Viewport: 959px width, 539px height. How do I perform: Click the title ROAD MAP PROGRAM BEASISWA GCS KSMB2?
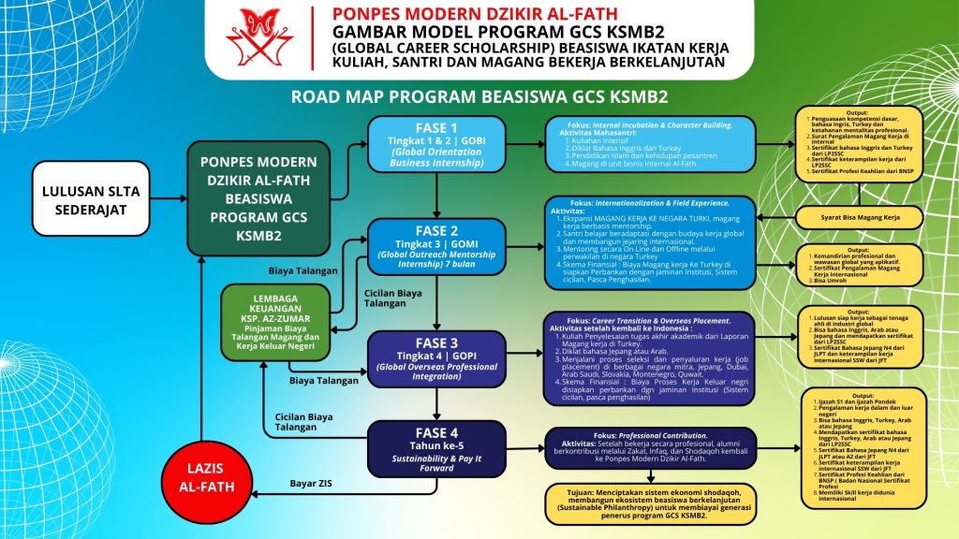pos(479,96)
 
